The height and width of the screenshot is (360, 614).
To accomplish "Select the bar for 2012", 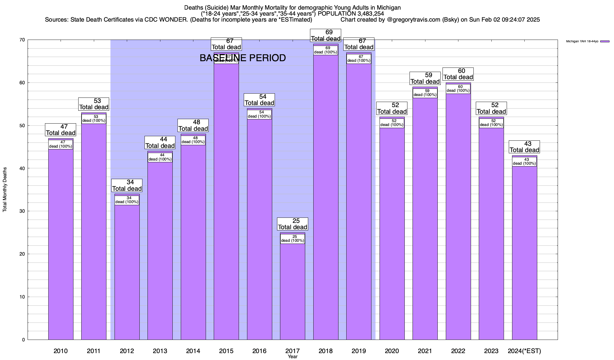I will (x=127, y=270).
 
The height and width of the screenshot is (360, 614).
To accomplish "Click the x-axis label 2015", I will (x=226, y=351).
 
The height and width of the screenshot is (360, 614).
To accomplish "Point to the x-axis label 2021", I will (x=425, y=351).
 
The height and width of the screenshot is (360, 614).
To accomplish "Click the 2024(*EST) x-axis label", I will (x=524, y=351).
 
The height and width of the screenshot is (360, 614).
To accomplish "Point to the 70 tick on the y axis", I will (x=22, y=40).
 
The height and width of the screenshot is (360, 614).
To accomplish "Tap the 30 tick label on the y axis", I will (x=22, y=211).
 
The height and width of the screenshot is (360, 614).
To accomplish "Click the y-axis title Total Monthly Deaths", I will (x=5, y=190).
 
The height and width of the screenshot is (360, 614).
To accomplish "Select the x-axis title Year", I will (x=293, y=357).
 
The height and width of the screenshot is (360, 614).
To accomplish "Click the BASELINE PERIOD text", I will (x=243, y=58).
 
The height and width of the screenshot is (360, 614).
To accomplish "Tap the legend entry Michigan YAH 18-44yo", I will (x=582, y=41).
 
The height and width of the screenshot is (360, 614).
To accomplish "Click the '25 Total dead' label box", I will (x=293, y=224).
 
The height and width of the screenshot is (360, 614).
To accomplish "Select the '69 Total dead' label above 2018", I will (x=326, y=35).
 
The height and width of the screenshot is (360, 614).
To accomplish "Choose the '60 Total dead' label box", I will (x=458, y=74).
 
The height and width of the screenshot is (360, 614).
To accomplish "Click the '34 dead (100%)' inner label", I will (x=127, y=200).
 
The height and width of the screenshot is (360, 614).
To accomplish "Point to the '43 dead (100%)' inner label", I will (x=524, y=162).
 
